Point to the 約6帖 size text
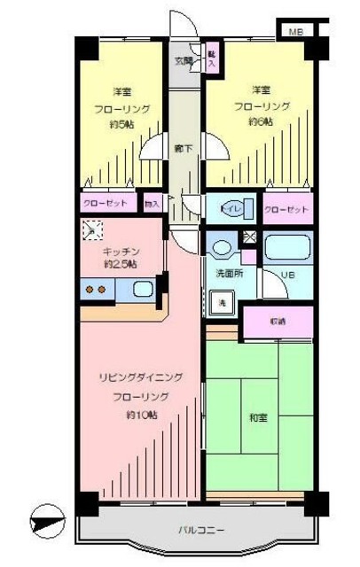pos(260,122)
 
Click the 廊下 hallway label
pos(184,148)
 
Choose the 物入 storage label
pos(152,204)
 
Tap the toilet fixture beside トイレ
pos(221,209)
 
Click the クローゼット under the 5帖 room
pos(109,204)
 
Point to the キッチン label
pos(121,251)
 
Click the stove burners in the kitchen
pos(95,289)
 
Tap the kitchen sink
pos(140,288)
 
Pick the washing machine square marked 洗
pos(222,301)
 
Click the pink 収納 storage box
pos(278,321)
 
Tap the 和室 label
pos(259,417)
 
